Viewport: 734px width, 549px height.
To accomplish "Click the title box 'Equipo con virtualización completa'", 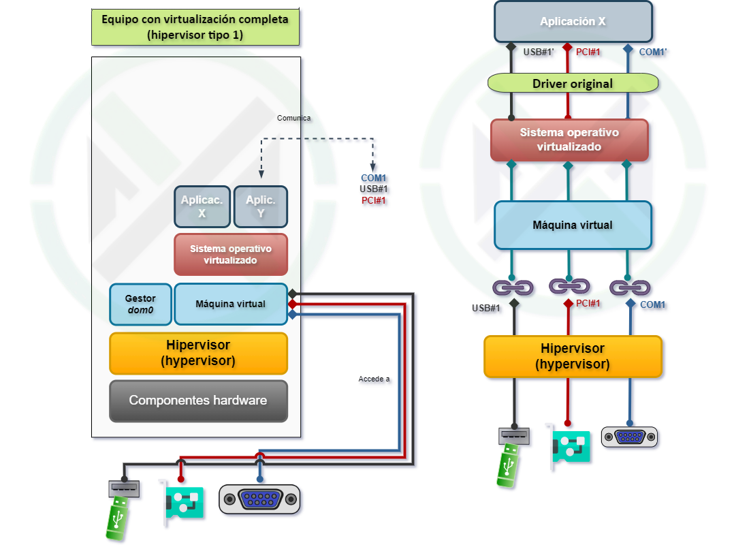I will click(x=195, y=27).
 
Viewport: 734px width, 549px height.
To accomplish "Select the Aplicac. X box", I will click(x=202, y=206).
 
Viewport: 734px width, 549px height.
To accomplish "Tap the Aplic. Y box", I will click(x=260, y=206).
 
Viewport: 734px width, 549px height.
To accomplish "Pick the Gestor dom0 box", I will click(x=140, y=304).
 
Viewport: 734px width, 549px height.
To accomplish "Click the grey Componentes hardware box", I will click(x=198, y=401).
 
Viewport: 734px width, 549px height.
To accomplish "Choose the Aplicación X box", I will click(x=573, y=22).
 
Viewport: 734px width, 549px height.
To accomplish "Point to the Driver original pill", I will click(x=573, y=84).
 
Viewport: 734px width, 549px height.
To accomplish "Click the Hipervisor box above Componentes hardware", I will click(x=198, y=353).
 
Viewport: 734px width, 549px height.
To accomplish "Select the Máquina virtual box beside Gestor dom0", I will click(x=230, y=304).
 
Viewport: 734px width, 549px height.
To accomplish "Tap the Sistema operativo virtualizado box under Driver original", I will click(x=569, y=140).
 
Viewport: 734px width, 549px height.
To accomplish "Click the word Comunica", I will click(x=293, y=118).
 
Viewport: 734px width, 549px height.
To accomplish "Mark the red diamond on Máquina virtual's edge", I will click(x=292, y=304).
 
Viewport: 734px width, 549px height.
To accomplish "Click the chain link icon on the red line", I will click(x=569, y=287).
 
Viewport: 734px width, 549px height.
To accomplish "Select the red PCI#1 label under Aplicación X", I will click(x=587, y=52).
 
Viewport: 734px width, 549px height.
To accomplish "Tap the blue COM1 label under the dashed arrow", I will click(x=374, y=178).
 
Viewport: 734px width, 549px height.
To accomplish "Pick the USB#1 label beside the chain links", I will click(x=488, y=309).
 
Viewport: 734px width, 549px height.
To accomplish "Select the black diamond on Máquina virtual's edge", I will click(x=292, y=293).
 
